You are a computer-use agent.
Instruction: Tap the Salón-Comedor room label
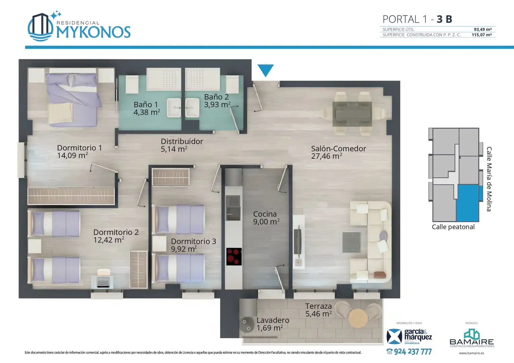(x=338, y=152)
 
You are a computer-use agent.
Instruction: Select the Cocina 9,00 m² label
(x=266, y=218)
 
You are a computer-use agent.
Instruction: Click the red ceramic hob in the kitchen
(x=234, y=256)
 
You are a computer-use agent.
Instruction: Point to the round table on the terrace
(x=358, y=318)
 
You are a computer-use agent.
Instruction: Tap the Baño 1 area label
(x=147, y=108)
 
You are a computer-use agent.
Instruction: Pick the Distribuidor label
(x=182, y=145)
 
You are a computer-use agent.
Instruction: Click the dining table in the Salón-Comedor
(x=352, y=114)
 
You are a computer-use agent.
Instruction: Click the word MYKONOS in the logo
(x=94, y=32)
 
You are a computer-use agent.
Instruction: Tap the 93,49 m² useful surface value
(x=483, y=29)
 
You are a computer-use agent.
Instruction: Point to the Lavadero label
(x=272, y=324)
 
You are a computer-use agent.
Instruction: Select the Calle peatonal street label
(x=453, y=227)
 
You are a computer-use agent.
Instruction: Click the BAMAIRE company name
(x=472, y=342)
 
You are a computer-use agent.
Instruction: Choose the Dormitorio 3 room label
(x=193, y=245)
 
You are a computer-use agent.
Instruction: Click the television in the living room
(x=298, y=241)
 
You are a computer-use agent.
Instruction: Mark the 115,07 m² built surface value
(x=482, y=35)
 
